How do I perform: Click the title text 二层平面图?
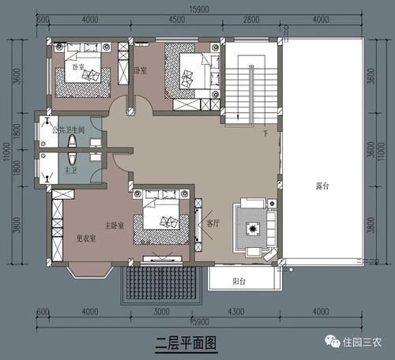[184, 343]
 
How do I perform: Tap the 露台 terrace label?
[322, 187]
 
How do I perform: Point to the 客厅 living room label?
[213, 223]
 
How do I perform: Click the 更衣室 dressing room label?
[86, 238]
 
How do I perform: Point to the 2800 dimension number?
[251, 20]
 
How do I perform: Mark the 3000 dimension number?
[162, 312]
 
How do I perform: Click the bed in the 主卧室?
[162, 217]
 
